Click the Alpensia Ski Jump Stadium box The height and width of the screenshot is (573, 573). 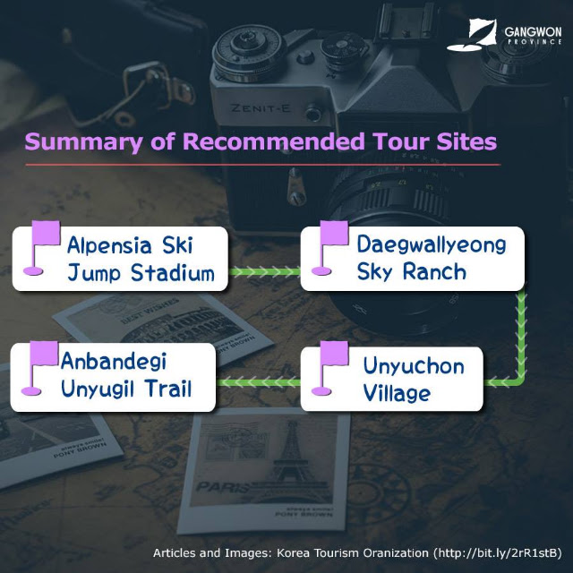coord(120,259)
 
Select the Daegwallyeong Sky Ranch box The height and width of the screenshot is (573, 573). coord(413,259)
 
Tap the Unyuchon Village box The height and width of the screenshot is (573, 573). coord(392,379)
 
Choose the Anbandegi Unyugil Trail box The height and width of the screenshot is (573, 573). coord(113,378)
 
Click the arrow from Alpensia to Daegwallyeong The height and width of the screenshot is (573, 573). coord(265,272)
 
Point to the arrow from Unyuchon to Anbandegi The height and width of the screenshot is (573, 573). coord(258,382)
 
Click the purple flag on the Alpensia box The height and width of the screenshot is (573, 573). coord(41,247)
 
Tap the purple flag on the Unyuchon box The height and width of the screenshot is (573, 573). coord(329,368)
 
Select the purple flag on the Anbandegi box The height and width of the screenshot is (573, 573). coord(39,368)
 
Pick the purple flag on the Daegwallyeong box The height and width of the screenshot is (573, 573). coord(329,247)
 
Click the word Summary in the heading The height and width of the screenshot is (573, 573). coord(83,142)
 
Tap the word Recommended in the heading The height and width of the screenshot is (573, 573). coord(274,141)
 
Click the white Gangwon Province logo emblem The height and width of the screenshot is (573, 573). coord(472,35)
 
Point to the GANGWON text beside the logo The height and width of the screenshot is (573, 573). coord(533,32)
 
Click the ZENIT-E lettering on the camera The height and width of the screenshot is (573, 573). coord(261,108)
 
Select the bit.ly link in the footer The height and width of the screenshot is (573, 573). coord(498,553)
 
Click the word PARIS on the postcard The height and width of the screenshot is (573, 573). coord(223,487)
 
